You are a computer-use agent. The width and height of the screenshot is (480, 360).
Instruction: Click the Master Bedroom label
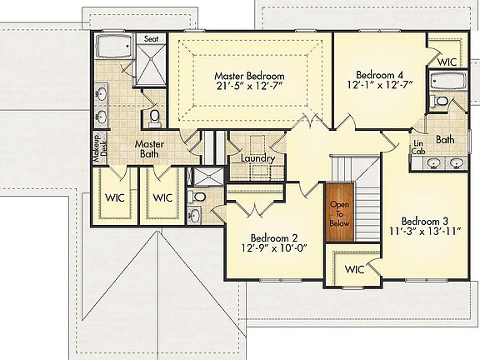pyautogui.click(x=248, y=75)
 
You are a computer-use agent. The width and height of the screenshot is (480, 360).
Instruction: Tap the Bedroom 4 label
pyautogui.click(x=377, y=72)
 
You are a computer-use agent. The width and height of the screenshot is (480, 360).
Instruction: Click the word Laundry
pyautogui.click(x=257, y=158)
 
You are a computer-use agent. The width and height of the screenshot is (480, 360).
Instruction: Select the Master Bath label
pyautogui.click(x=149, y=150)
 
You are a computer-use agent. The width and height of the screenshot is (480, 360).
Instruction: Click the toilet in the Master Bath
pyautogui.click(x=153, y=117)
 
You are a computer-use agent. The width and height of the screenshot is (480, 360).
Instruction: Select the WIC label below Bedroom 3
pyautogui.click(x=354, y=270)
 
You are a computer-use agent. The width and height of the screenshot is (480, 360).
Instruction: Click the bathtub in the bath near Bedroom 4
pyautogui.click(x=443, y=83)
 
